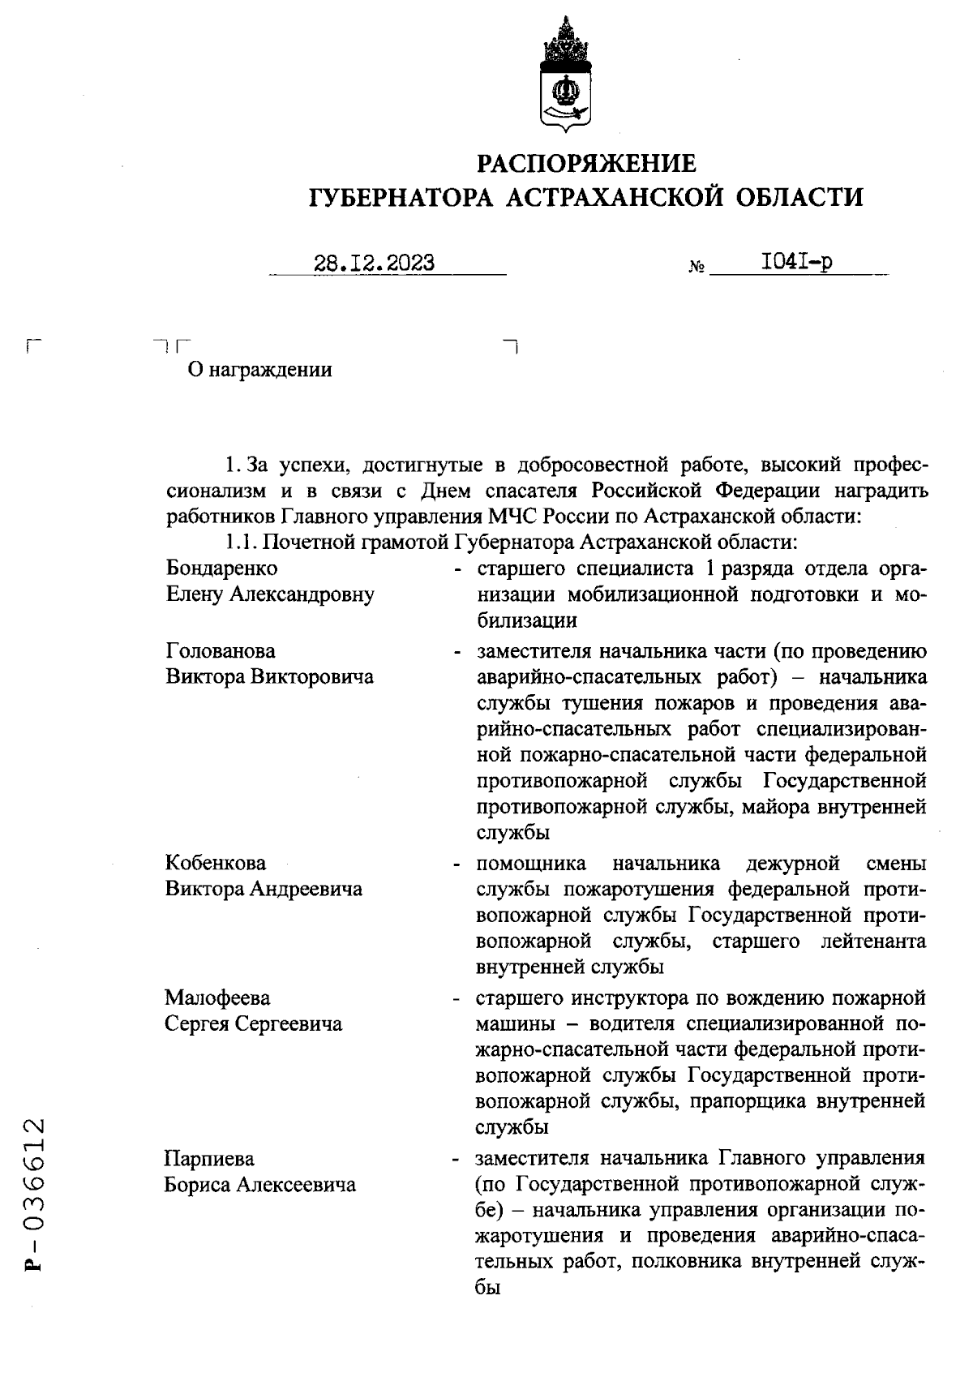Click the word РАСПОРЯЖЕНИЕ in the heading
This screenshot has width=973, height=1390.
pyautogui.click(x=586, y=164)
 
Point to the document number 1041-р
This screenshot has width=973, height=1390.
pyautogui.click(x=796, y=262)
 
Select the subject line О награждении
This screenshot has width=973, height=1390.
pyautogui.click(x=259, y=371)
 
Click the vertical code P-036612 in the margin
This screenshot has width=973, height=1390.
pyautogui.click(x=35, y=1199)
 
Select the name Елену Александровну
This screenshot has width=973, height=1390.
pyautogui.click(x=270, y=594)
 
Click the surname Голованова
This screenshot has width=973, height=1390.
pyautogui.click(x=221, y=651)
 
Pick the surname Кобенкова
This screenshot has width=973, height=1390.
pyautogui.click(x=216, y=863)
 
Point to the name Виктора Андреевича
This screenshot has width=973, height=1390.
pyautogui.click(x=264, y=889)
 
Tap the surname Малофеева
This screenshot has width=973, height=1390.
pyautogui.click(x=218, y=997)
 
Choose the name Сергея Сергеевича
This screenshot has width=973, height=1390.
pyautogui.click(x=254, y=1023)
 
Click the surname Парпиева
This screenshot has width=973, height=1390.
pyautogui.click(x=209, y=1157)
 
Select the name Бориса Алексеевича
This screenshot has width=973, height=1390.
pyautogui.click(x=260, y=1185)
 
